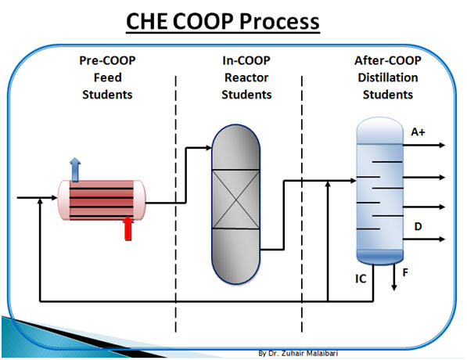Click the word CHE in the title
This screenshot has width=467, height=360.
coord(146,21)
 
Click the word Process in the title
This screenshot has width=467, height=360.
coord(279,21)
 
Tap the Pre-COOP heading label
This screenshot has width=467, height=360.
coord(107,60)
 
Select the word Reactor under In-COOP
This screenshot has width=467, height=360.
coord(246,77)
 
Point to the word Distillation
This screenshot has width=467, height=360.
coord(388,77)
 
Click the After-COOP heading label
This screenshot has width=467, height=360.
coord(388,60)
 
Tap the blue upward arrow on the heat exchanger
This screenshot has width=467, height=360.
coord(75,170)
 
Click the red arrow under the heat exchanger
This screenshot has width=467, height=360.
coord(128,228)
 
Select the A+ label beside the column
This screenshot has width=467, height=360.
coord(418,131)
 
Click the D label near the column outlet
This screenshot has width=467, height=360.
coord(418,226)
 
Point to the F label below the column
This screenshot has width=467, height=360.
coord(405,272)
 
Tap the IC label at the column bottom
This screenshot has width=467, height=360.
coord(361,279)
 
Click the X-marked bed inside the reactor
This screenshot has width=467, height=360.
coord(235,200)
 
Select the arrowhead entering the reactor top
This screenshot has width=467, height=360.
coord(208,147)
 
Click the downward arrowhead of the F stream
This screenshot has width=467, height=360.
coord(394,287)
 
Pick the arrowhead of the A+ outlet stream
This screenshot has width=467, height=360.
coord(442,145)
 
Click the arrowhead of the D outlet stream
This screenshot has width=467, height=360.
coord(442,239)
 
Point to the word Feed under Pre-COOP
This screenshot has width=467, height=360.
coord(107,77)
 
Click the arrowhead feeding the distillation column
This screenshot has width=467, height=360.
coord(354,180)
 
